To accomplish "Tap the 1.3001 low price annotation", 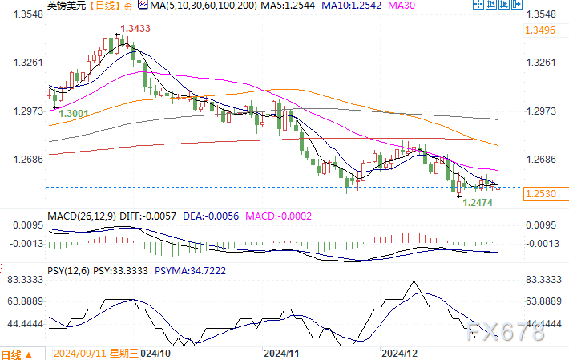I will click(x=73, y=115).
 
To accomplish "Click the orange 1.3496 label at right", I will click(x=542, y=30).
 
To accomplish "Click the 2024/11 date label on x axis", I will click(x=280, y=353).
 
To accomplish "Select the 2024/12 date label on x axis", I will click(x=399, y=353).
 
